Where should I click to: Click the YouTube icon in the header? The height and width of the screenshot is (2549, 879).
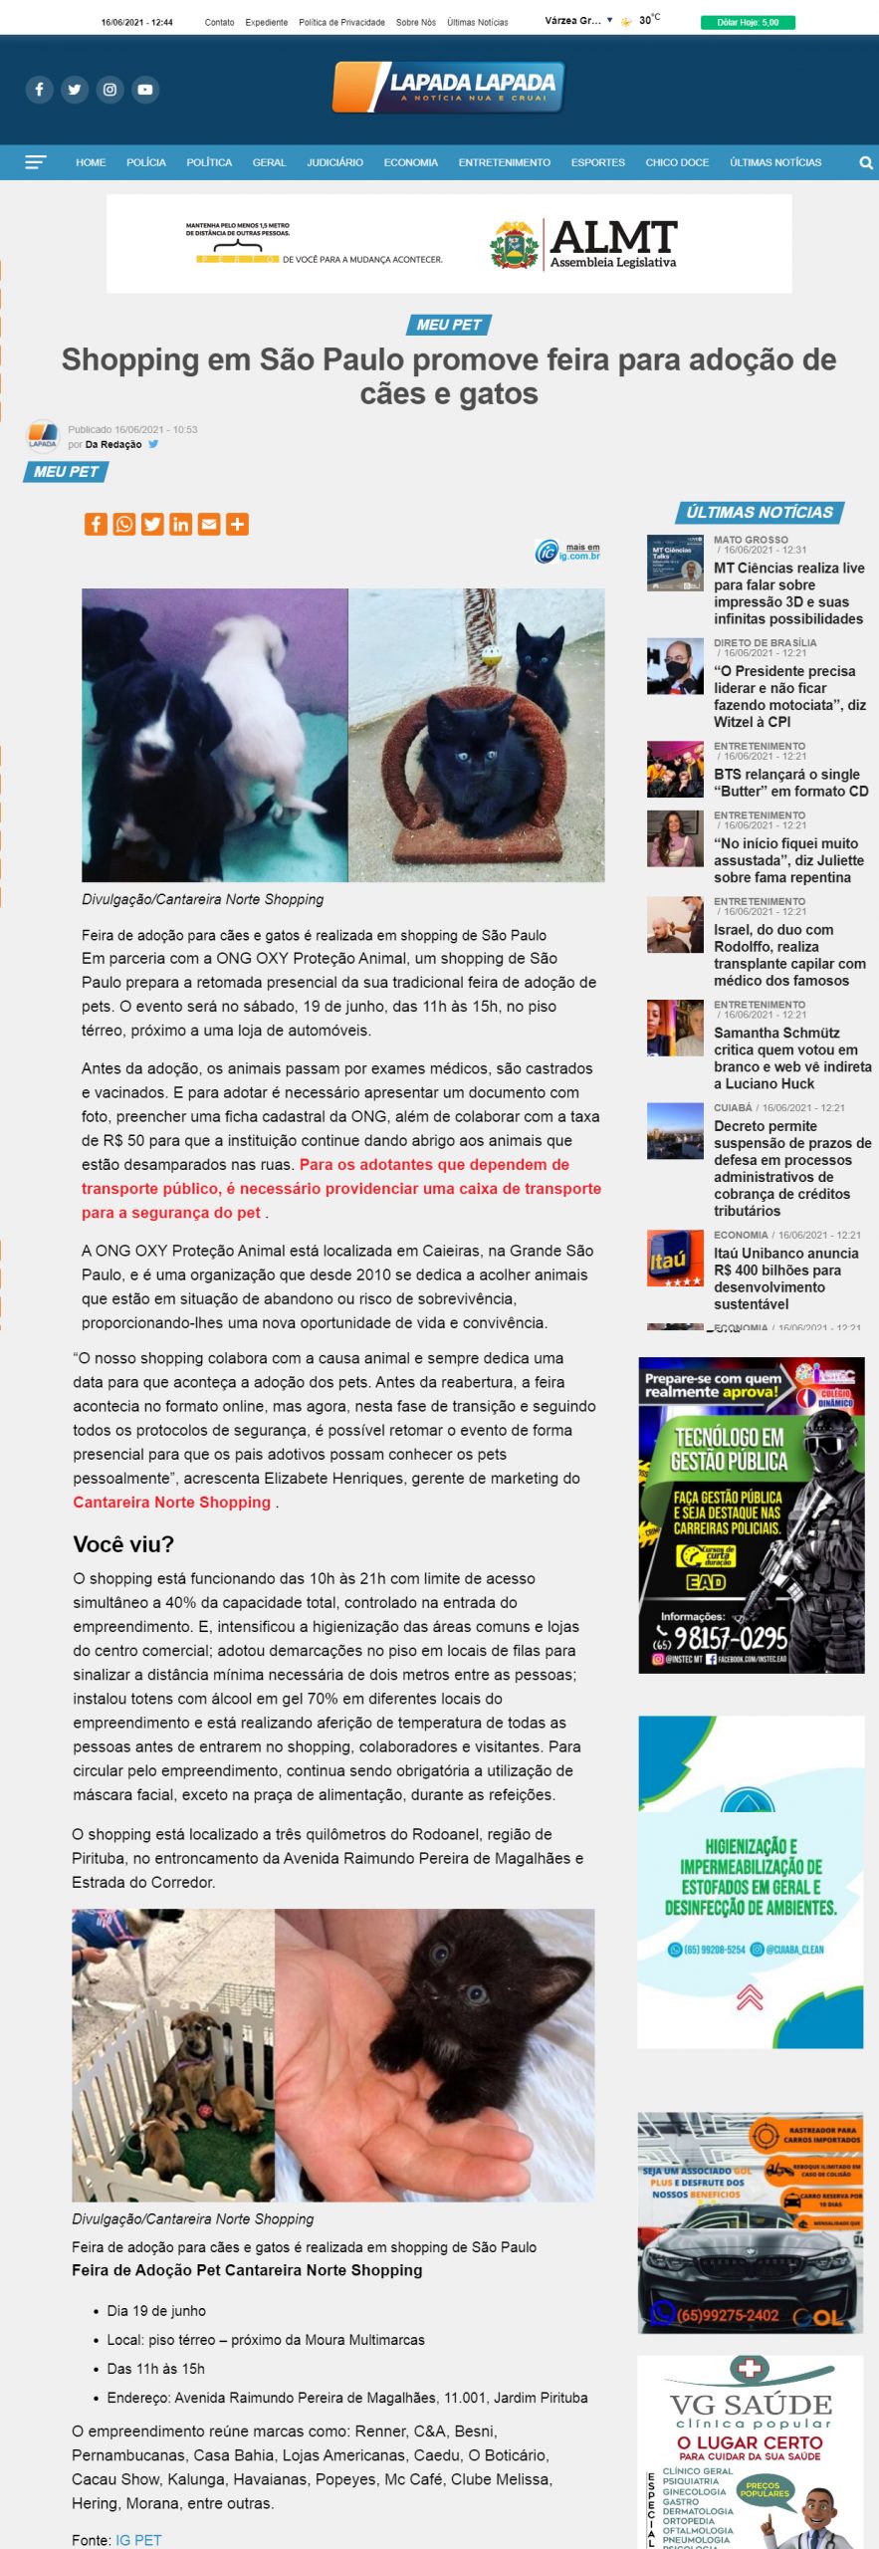(145, 90)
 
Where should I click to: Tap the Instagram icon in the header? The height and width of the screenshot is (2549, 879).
(110, 90)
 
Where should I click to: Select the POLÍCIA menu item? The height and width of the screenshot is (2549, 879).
(146, 162)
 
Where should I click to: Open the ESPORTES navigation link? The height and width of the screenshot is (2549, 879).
(597, 162)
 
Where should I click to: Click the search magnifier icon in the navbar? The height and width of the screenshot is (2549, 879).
(865, 163)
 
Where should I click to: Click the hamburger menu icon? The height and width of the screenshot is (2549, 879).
(36, 162)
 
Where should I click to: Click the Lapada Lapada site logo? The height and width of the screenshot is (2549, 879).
(449, 87)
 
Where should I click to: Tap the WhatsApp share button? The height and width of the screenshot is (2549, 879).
(124, 525)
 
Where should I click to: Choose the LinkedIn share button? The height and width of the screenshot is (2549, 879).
(181, 525)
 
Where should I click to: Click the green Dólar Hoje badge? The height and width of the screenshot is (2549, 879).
(748, 22)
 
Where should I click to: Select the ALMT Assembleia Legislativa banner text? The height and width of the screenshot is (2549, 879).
(613, 244)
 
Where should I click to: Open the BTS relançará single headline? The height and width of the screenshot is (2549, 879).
(790, 783)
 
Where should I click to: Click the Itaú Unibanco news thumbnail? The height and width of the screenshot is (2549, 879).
(675, 1259)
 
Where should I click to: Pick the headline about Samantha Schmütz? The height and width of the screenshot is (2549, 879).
(791, 1057)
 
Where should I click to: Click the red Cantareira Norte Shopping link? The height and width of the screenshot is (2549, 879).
(171, 1503)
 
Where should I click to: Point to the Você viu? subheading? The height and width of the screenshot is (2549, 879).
(123, 1544)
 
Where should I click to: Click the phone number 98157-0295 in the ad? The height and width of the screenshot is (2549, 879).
(730, 1638)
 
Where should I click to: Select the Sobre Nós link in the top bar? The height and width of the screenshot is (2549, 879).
(415, 22)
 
